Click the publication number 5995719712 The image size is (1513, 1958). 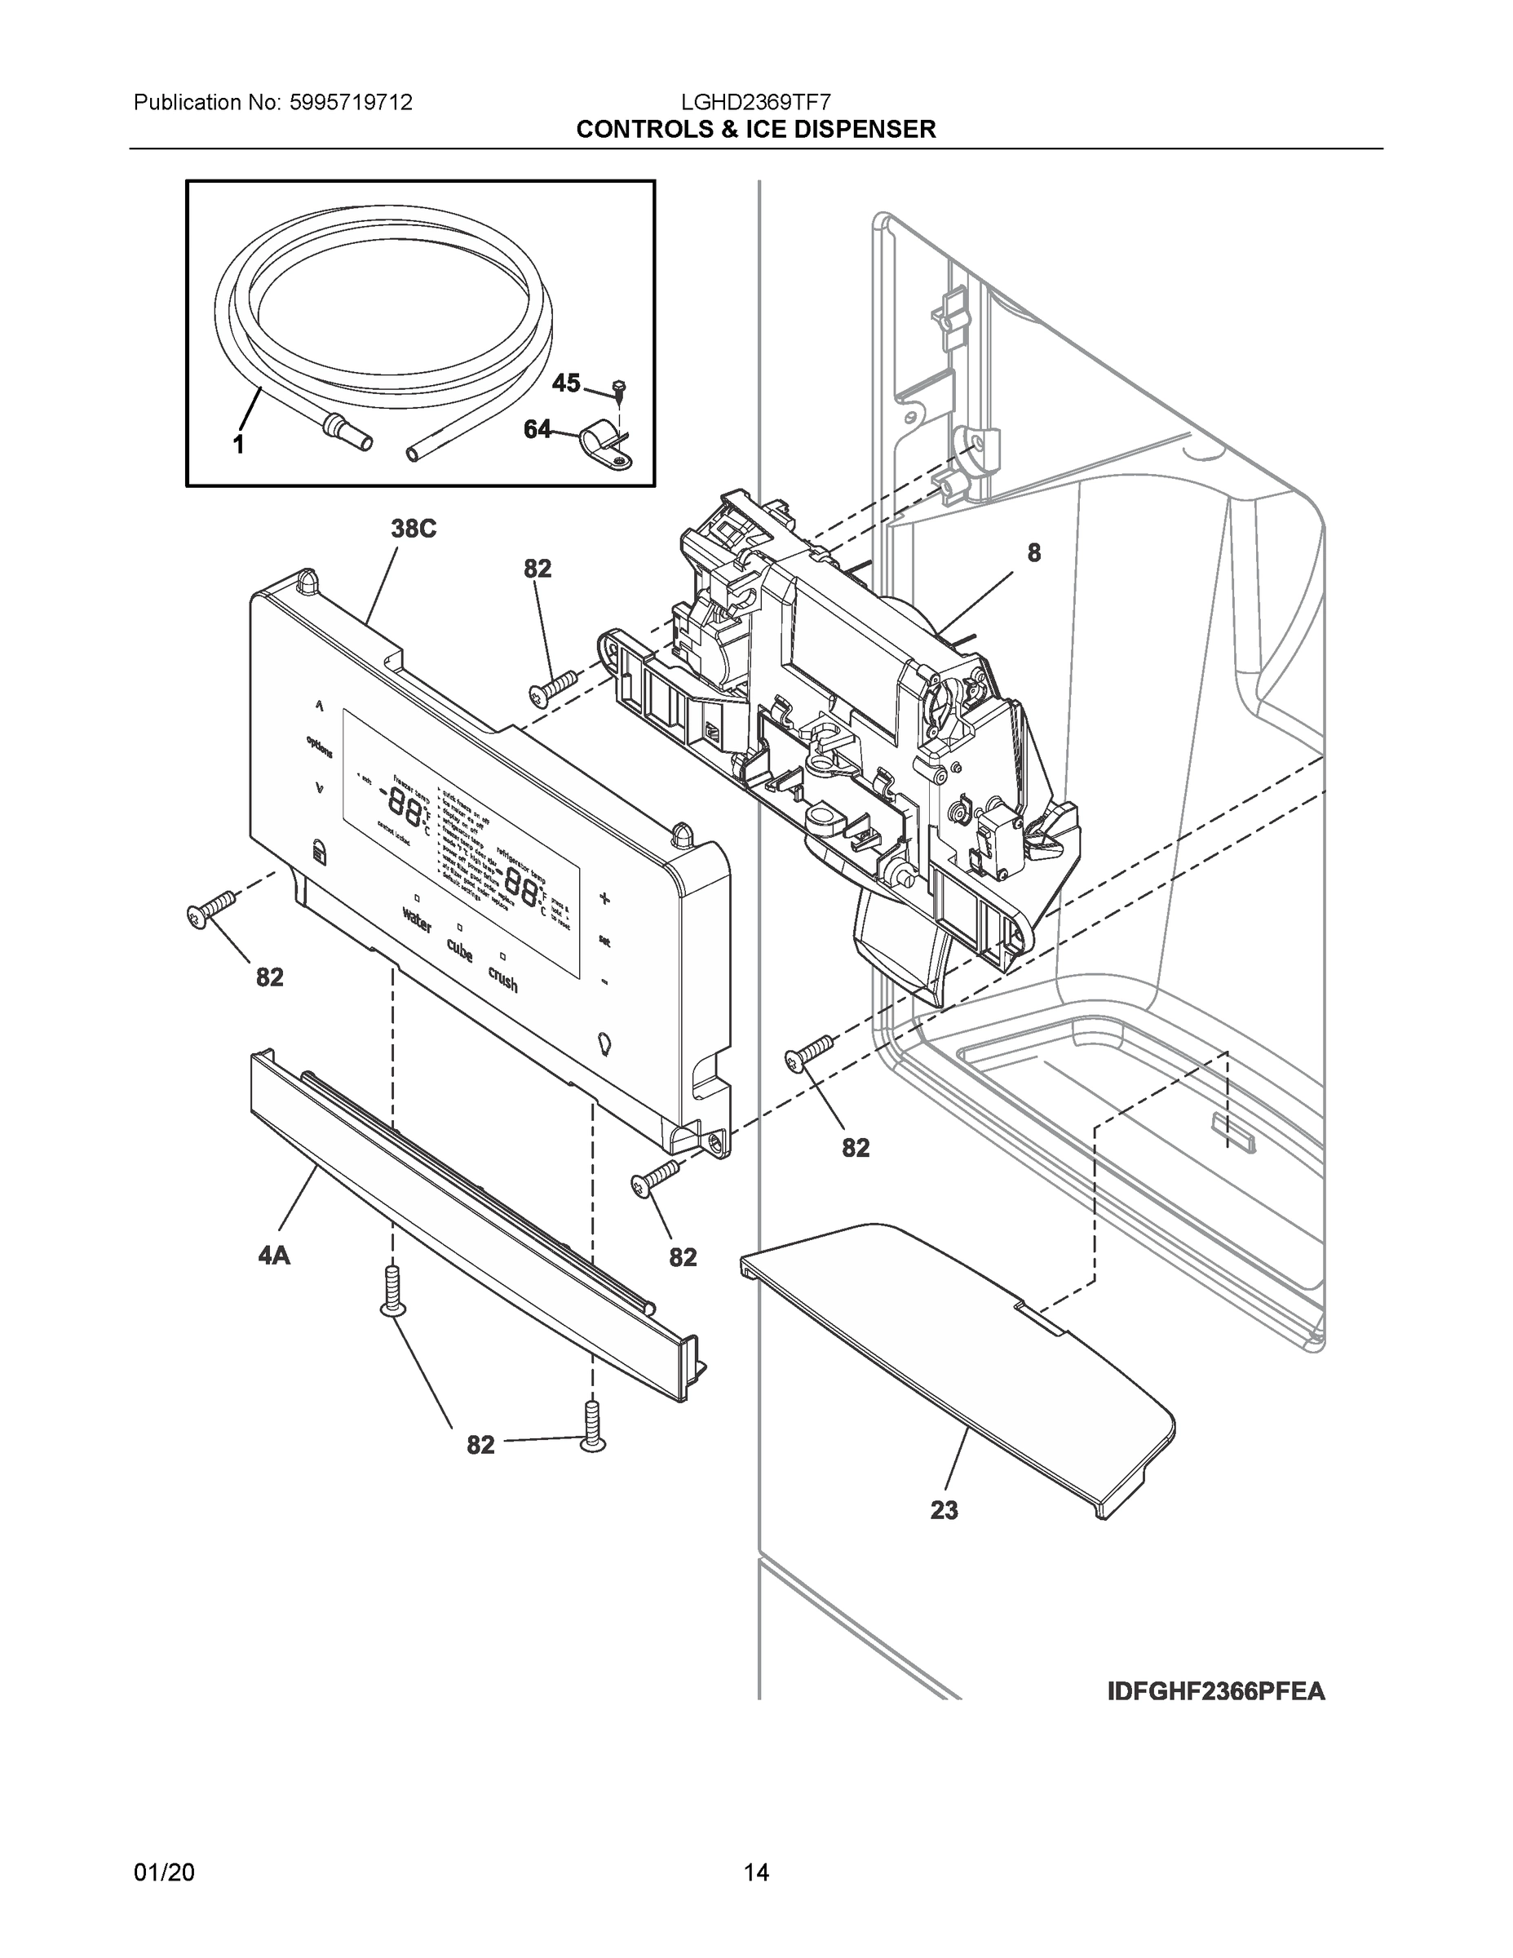(351, 102)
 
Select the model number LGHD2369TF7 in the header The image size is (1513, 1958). (755, 102)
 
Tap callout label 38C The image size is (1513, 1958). (414, 529)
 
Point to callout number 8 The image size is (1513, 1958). (1033, 553)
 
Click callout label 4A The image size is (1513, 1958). (274, 1256)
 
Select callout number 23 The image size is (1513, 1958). (944, 1511)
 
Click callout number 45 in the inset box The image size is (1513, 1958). (565, 383)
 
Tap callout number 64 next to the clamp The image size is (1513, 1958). (537, 430)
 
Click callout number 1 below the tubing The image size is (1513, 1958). (238, 444)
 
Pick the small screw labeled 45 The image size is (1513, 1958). (618, 390)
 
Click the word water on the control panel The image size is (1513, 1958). (417, 919)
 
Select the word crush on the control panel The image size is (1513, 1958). (503, 978)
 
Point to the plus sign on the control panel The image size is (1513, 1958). (604, 898)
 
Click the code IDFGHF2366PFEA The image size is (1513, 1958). (1216, 1692)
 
